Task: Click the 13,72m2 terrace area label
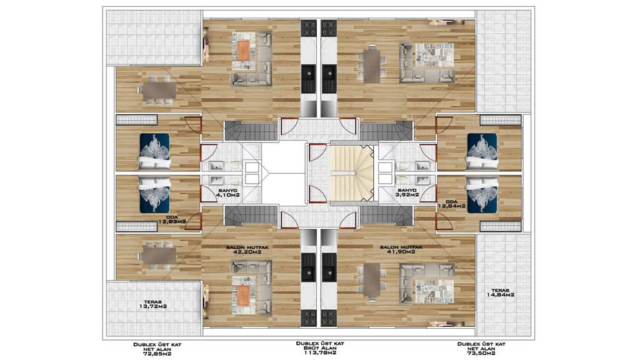(x=153, y=304)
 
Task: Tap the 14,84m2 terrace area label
(x=500, y=292)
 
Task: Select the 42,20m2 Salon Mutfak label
(x=247, y=249)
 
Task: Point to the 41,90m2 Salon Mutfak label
(x=401, y=249)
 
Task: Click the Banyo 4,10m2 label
(x=227, y=193)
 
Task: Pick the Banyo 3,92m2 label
(x=407, y=192)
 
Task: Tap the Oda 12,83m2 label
(x=172, y=219)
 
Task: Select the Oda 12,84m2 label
(x=451, y=204)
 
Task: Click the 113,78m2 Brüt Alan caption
(x=320, y=348)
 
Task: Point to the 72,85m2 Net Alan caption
(x=157, y=349)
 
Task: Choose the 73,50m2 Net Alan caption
(x=481, y=349)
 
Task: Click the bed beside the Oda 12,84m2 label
(x=482, y=195)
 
